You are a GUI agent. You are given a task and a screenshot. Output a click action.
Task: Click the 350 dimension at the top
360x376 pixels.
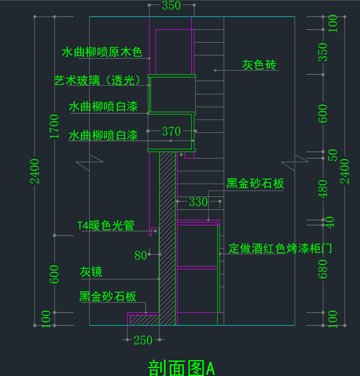171,5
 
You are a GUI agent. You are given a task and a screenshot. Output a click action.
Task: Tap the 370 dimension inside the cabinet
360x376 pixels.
171,131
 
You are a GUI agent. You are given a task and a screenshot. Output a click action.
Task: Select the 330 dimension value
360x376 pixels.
198,202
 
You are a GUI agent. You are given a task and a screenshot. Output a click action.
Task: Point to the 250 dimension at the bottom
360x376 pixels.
143,340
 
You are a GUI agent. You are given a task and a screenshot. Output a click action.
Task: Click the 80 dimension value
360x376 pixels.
140,256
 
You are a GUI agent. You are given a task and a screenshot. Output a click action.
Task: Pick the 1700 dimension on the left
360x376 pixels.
54,126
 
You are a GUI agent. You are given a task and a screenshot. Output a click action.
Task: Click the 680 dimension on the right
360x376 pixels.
322,269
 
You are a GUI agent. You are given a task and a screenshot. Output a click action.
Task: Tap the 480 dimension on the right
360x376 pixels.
322,189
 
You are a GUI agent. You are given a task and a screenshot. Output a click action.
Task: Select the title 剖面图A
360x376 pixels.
182,368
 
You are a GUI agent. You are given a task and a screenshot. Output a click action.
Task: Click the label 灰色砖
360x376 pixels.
259,65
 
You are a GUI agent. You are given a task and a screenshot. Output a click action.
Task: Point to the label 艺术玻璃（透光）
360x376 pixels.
97,80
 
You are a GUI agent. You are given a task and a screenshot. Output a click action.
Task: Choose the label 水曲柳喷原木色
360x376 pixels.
102,52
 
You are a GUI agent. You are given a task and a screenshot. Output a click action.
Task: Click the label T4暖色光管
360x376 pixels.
106,225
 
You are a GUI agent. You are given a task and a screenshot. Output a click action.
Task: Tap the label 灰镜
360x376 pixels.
91,272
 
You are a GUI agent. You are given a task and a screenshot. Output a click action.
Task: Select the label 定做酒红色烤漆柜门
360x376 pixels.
280,248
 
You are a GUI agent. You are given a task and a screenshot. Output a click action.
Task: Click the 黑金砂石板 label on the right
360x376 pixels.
255,184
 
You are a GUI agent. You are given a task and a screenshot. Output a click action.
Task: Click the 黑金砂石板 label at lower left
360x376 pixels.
108,296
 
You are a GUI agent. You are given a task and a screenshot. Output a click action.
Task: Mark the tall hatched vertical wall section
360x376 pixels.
167,238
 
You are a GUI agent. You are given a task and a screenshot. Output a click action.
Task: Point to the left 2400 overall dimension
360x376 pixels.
34,171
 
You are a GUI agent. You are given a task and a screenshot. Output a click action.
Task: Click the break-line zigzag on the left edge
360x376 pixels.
89,162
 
